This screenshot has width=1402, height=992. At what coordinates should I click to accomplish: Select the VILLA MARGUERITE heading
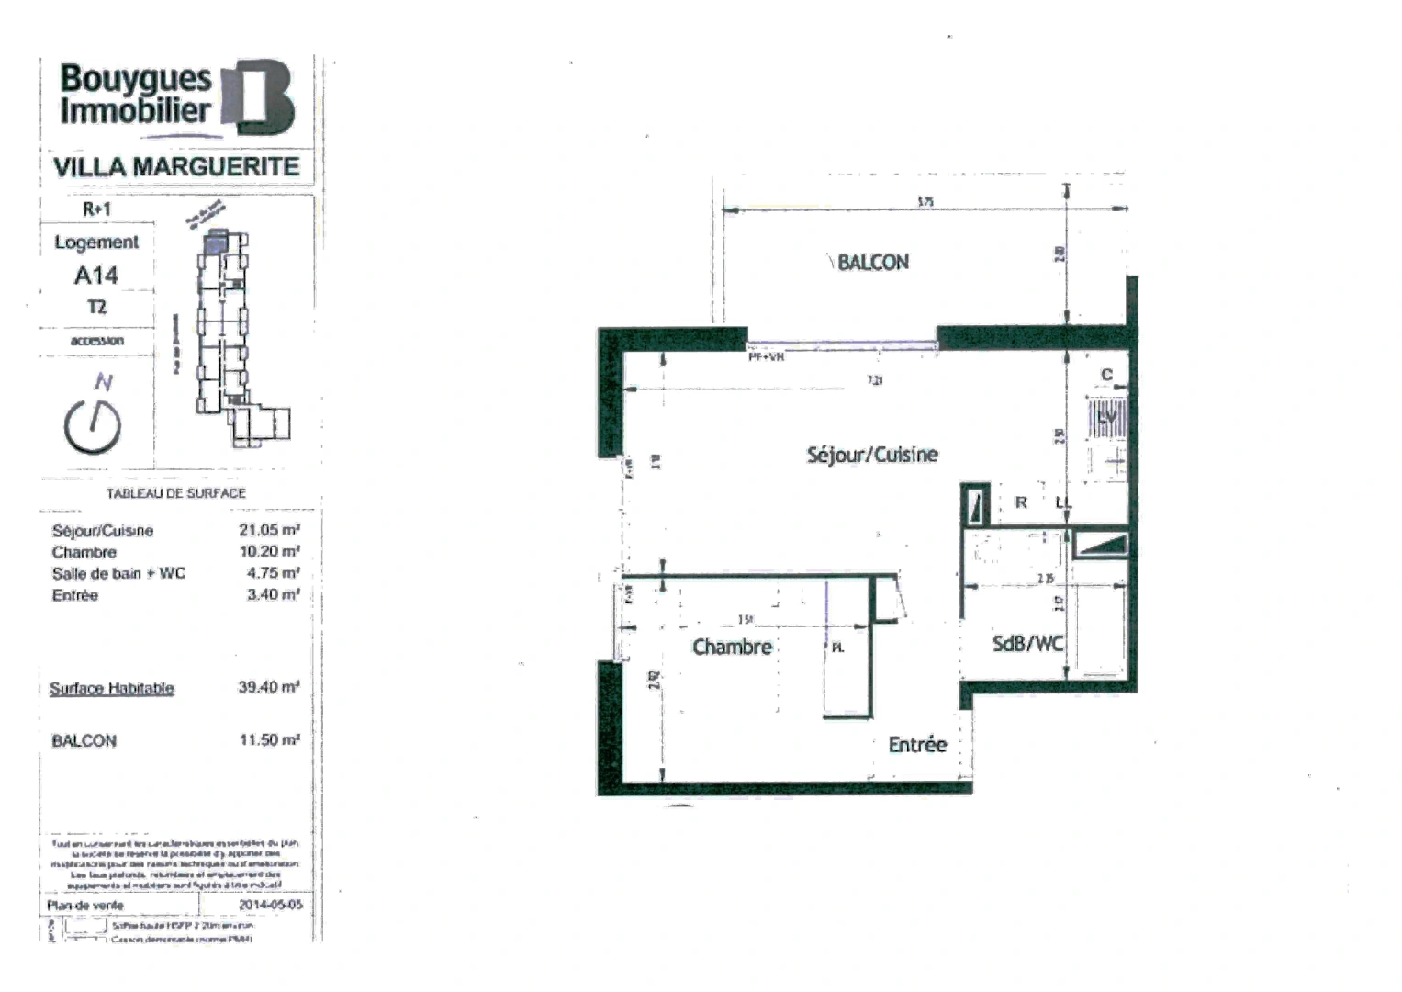coord(176,167)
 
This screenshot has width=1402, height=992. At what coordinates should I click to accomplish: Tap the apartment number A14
coord(95,275)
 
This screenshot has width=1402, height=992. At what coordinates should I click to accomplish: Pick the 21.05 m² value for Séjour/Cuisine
coord(269,530)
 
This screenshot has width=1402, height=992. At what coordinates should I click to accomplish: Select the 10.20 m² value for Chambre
coord(269,552)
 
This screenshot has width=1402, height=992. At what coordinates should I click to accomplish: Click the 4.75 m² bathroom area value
coord(273,573)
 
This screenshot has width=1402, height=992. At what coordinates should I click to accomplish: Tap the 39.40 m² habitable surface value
coord(269,687)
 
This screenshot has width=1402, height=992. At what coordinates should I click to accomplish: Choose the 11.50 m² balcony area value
coord(269,740)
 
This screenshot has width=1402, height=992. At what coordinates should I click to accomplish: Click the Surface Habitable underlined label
coord(111,688)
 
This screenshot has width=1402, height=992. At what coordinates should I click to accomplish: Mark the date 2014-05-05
coord(270,905)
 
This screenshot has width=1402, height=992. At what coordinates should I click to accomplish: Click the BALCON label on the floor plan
coord(872,263)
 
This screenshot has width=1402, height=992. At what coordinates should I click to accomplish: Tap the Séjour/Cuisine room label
coord(872,455)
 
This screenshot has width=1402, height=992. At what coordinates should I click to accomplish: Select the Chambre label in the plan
coord(732,648)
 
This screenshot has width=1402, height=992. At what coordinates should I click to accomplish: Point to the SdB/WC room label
coord(1027,644)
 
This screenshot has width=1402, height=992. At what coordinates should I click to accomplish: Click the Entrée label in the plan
coord(917,745)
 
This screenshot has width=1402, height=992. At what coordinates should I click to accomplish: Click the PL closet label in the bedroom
coord(837,648)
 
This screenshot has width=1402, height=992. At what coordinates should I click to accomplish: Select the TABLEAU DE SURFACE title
coord(176,493)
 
